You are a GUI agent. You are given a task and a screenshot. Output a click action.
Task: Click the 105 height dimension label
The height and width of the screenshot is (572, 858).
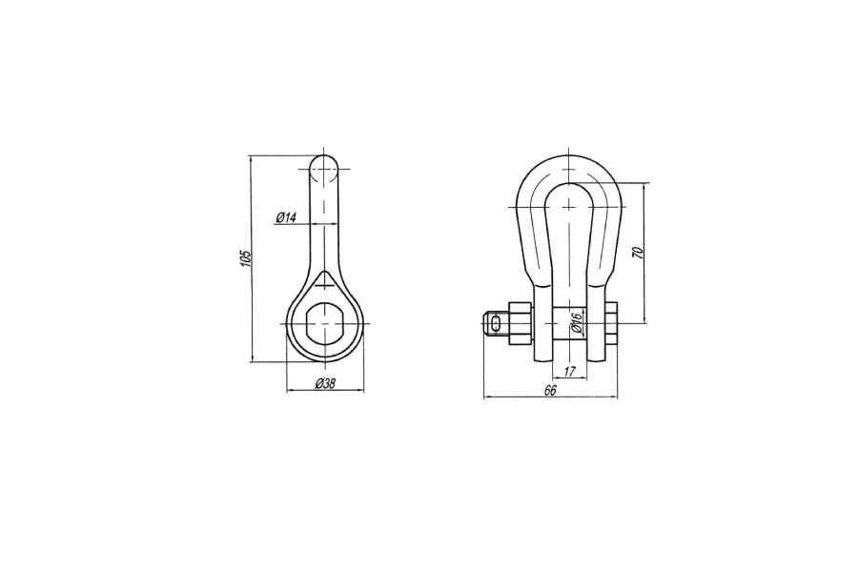coord(245,259)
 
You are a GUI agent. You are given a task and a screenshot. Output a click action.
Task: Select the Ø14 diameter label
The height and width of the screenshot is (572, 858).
coord(286,218)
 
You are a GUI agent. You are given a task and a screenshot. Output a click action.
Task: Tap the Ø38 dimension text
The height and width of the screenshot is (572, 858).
coord(325,383)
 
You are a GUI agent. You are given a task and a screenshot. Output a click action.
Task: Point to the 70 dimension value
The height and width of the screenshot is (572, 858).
coord(637,253)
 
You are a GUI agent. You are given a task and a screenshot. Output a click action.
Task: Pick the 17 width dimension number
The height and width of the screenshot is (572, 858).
coord(569,372)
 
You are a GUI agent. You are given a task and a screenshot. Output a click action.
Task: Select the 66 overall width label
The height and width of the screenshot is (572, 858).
coord(550,390)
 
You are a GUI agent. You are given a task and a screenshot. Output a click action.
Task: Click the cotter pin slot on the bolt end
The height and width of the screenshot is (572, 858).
coord(496,323)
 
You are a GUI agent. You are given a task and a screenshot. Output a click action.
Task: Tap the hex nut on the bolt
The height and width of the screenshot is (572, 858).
coord(521,323)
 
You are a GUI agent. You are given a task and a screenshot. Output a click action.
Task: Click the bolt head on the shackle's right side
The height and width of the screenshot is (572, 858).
coord(611,323)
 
